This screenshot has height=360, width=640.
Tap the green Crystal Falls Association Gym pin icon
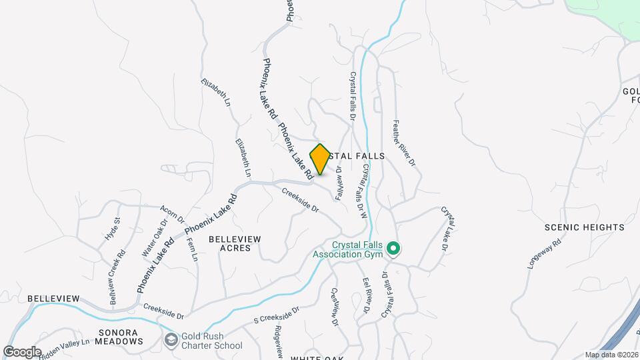click(x=393, y=249)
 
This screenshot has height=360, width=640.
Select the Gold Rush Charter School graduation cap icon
click(x=171, y=340)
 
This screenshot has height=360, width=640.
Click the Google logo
click(x=22, y=351)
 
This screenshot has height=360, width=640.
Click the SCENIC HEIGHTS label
click(x=584, y=227)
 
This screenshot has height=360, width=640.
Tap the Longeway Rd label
click(x=545, y=251)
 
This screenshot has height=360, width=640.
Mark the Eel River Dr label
click(x=366, y=295)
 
